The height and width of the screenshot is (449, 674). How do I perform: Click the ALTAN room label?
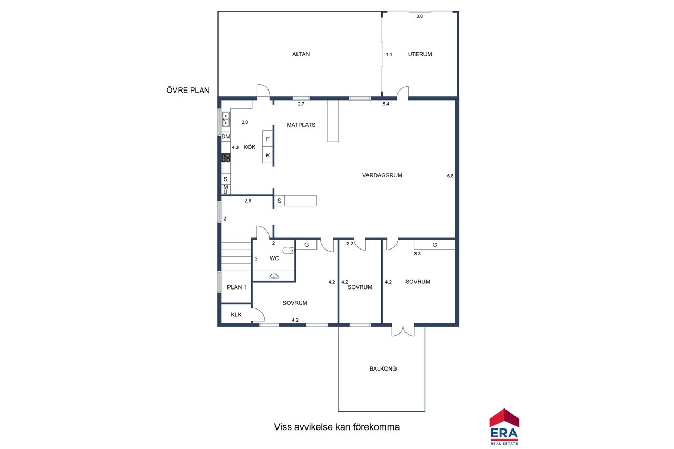301,54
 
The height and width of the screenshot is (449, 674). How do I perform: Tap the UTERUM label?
420,54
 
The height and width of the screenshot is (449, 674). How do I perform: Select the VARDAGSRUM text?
382,175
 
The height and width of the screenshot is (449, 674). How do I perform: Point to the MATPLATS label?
301,125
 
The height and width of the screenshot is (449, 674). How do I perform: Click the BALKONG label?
383,368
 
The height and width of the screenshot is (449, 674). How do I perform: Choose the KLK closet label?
236,315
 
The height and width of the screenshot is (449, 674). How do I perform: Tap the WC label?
274,258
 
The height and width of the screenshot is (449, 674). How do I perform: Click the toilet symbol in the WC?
288,250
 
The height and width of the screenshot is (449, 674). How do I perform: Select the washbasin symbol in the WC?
274,276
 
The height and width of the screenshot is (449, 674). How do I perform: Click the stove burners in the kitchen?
226,157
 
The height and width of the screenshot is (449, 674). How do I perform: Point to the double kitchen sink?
226,119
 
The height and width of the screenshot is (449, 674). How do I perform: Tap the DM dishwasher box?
226,136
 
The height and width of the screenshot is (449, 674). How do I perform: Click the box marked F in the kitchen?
267,139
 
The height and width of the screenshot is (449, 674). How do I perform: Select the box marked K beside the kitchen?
267,155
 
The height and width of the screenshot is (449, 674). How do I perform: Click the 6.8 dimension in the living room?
450,176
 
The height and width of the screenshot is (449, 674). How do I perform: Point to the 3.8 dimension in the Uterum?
420,16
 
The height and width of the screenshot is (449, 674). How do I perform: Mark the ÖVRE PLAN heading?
188,90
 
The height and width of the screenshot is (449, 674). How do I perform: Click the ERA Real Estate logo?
504,427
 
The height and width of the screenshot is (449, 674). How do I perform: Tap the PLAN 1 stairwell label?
236,287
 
